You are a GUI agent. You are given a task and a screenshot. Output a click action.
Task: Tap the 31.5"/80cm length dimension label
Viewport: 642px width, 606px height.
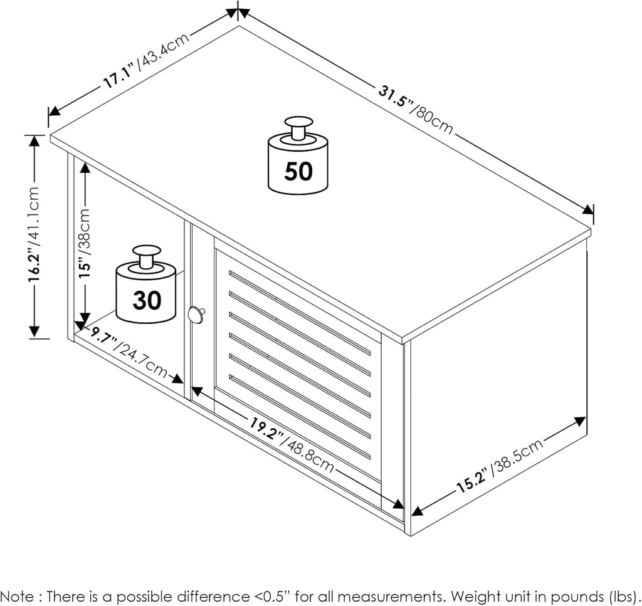click(416, 109)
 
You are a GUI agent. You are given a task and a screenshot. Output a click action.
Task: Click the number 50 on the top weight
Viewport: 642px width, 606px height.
click(298, 170)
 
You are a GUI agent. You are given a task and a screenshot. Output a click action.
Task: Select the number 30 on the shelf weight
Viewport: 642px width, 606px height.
click(147, 301)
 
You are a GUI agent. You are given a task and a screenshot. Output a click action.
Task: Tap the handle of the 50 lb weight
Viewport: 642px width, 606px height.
click(298, 127)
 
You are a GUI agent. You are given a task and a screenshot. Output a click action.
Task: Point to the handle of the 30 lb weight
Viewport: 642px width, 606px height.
click(146, 256)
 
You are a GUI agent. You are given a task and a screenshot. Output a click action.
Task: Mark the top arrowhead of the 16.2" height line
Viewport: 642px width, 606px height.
click(34, 141)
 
